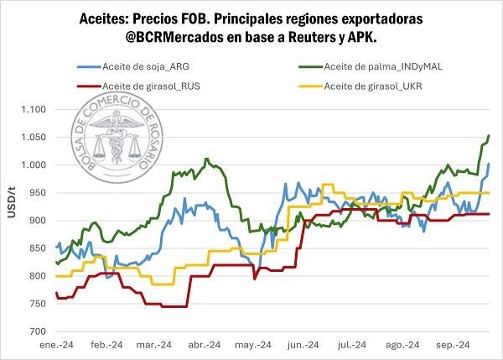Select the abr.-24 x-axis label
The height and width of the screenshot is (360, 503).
coord(205,344)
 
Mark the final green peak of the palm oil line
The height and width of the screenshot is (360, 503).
coord(489,135)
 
